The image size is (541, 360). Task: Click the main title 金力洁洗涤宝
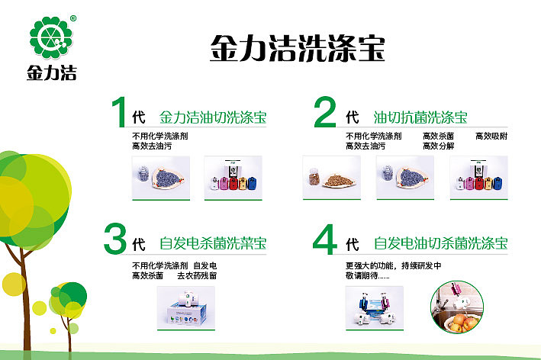[x=297, y=47]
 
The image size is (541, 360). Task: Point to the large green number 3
[x=114, y=239]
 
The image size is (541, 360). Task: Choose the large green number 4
[x=325, y=239]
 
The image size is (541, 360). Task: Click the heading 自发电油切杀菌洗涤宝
[x=441, y=244]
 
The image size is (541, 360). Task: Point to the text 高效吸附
[x=491, y=136]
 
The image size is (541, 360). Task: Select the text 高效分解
[x=438, y=145]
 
